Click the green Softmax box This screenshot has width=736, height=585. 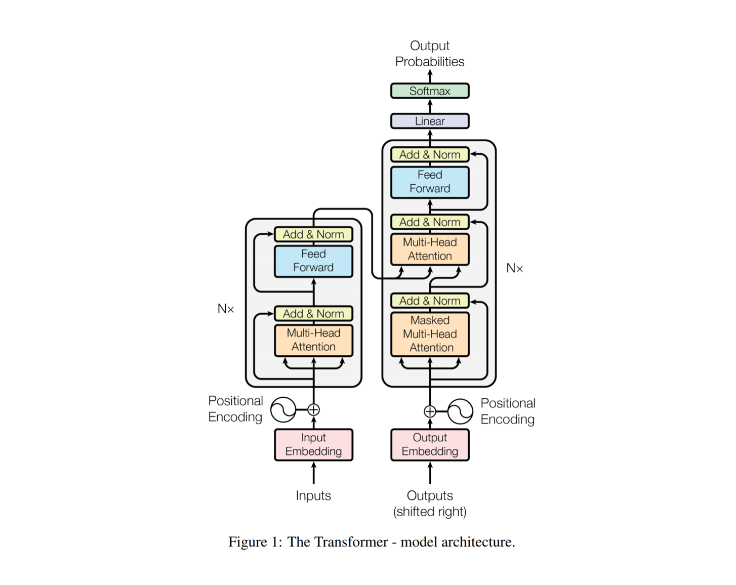tap(430, 91)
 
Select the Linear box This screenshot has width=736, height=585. tap(430, 121)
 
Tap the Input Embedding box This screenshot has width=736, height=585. tap(313, 444)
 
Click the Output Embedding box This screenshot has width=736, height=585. tap(430, 444)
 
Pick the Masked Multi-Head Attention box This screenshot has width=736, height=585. tap(430, 334)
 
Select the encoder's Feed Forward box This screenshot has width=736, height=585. tap(313, 261)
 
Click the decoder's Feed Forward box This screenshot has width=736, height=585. tap(430, 182)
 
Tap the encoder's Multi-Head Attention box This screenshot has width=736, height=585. tap(313, 340)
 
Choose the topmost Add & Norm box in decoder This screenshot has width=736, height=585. tap(430, 155)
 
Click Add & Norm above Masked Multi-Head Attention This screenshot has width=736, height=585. tap(430, 301)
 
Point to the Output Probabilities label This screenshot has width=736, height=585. tap(430, 54)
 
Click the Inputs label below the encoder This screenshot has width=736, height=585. tap(313, 495)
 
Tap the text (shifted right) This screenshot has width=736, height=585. tap(430, 512)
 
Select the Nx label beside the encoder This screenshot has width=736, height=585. tap(226, 309)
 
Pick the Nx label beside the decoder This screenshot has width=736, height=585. tap(514, 268)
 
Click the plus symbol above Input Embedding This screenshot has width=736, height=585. tap(313, 409)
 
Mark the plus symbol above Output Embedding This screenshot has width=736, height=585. tap(430, 411)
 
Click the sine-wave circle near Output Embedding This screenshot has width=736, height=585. tap(460, 411)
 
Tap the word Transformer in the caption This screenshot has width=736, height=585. tap(338, 542)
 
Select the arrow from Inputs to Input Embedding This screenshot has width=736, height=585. tap(313, 474)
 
